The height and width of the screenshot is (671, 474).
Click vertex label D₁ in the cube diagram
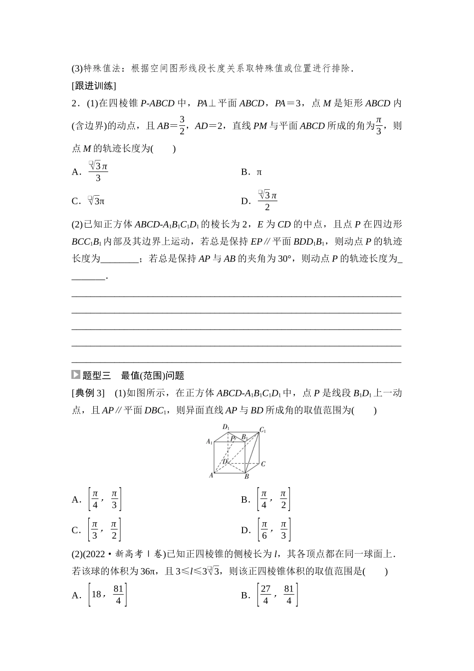pos(226,427)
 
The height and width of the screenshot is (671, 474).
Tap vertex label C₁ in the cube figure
pos(262,430)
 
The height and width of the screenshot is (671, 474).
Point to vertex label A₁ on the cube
pos(210,441)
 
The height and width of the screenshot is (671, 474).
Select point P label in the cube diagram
pos(233,438)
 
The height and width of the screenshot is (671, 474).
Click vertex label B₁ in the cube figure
pos(244,437)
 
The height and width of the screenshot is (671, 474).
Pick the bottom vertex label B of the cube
pos(246,477)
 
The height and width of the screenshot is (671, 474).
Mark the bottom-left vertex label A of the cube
pos(211,475)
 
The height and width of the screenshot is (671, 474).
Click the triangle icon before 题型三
pos(76,375)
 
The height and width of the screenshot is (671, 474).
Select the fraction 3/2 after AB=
pos(182,125)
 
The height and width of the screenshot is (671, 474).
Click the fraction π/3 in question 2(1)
pos(379,125)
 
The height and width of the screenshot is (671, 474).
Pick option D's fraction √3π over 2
pos(267,200)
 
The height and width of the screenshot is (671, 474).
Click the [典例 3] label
pos(88,393)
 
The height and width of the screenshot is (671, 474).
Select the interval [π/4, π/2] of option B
pos(273,499)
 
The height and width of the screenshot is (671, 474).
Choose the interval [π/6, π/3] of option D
pos(273,530)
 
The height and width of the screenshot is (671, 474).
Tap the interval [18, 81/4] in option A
pos(107,595)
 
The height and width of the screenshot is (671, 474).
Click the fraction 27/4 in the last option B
pos(265,595)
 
